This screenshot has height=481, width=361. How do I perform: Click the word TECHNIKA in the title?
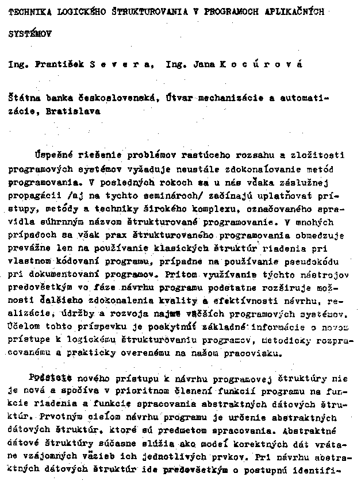coord(28,11)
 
